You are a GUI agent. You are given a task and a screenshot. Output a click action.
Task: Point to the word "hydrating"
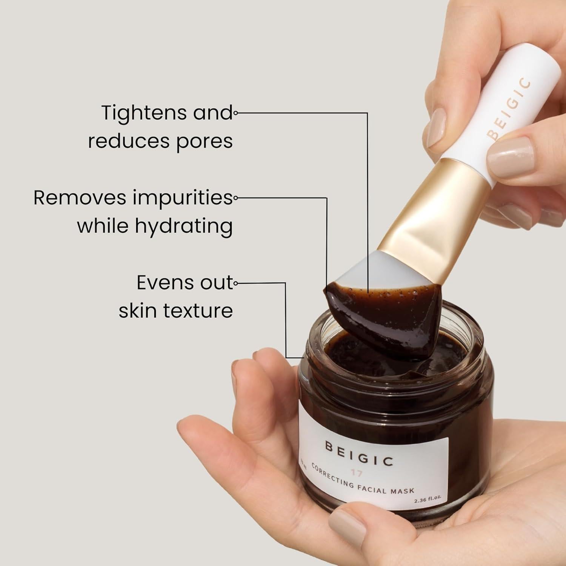[x=184, y=227]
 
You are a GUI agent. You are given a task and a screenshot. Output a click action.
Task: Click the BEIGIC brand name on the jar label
[x=359, y=454]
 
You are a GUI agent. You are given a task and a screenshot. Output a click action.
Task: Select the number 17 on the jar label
[x=356, y=473]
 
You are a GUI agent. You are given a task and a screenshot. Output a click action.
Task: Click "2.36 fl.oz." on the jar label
[x=428, y=499]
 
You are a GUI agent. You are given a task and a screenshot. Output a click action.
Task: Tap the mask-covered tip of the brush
[x=381, y=317]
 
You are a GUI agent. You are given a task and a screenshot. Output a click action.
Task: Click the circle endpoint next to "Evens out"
[x=235, y=283]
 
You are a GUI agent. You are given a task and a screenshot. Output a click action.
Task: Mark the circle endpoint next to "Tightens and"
[x=235, y=112]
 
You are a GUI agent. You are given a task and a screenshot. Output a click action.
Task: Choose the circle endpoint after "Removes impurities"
[x=235, y=197]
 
